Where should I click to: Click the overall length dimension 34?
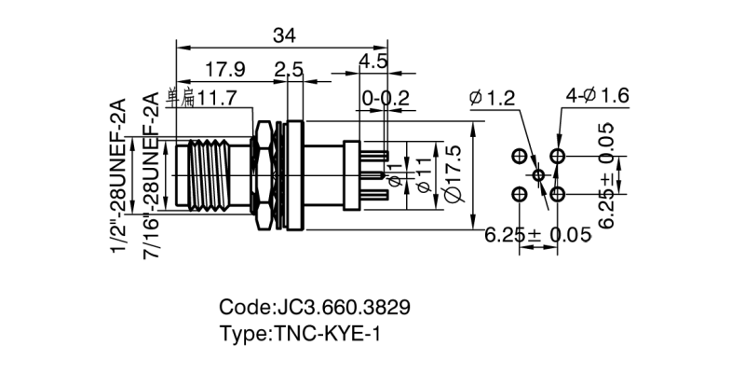[285, 35]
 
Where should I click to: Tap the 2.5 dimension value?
[289, 69]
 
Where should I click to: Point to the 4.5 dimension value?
[373, 62]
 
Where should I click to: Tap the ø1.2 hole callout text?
[493, 96]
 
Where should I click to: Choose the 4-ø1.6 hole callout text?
[599, 95]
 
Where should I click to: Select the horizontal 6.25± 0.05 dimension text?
[538, 235]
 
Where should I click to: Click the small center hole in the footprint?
[539, 174]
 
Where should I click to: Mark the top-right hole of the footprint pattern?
[558, 155]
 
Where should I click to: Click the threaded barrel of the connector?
[209, 173]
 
